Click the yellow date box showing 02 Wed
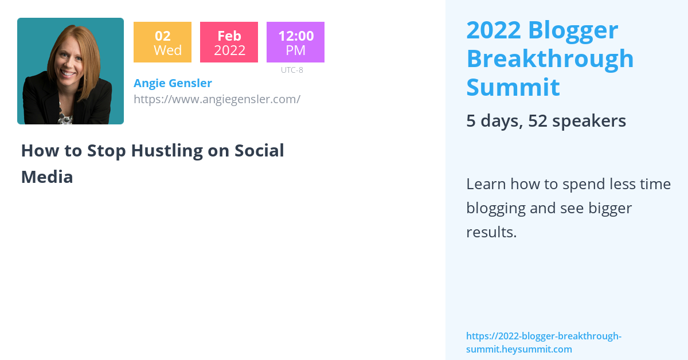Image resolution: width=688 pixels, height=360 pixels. (x=162, y=42)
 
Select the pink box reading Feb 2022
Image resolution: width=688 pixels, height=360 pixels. (x=229, y=42)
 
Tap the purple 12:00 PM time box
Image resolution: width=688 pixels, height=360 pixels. (x=295, y=42)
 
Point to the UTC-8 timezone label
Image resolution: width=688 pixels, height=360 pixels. (x=292, y=70)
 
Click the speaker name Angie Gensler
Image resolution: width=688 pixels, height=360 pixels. (x=173, y=83)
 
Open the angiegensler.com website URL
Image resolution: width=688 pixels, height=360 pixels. (x=217, y=99)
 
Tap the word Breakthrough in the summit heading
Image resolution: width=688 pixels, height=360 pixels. (x=550, y=58)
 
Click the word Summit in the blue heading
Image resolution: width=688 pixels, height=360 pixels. (x=513, y=87)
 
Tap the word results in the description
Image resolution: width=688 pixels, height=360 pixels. (x=491, y=232)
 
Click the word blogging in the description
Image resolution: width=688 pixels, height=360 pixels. (x=495, y=208)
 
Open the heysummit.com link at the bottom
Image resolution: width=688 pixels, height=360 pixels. (x=543, y=342)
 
